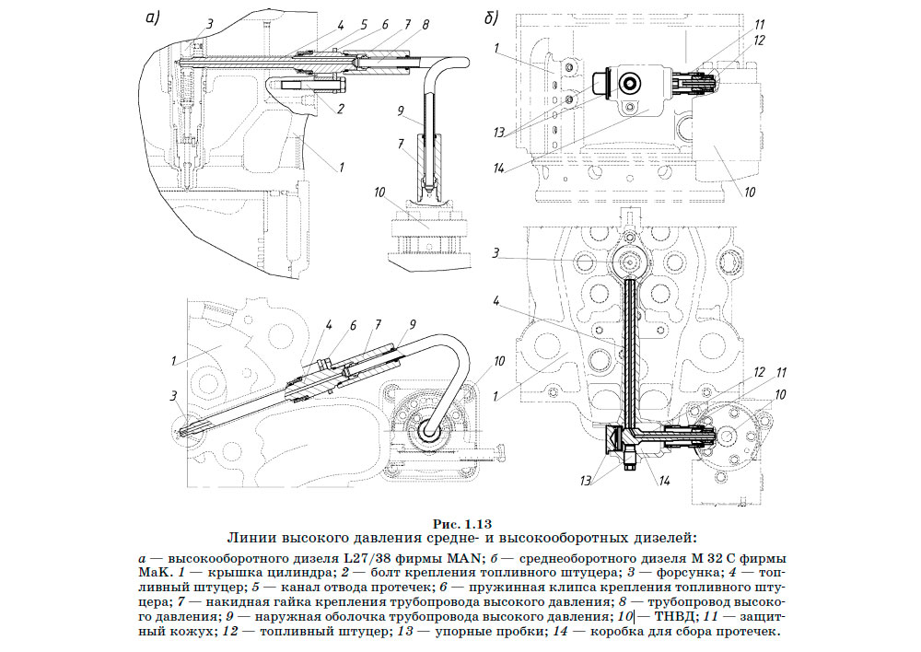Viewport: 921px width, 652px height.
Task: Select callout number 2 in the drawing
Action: [341, 108]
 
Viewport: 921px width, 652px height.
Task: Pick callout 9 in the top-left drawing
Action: [401, 111]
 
